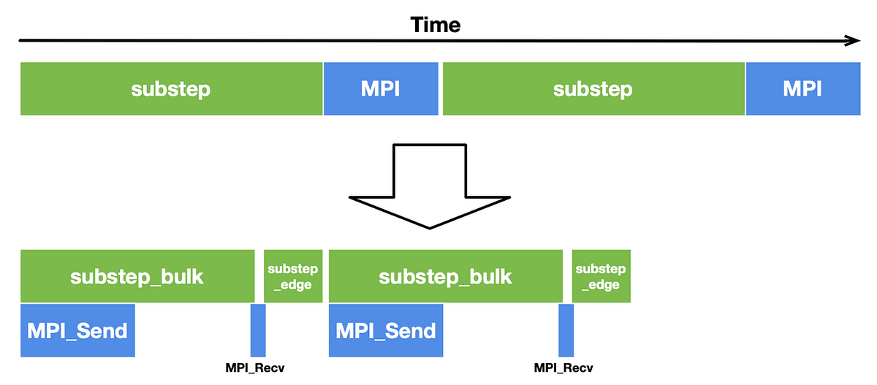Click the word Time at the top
436,24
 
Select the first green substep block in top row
171,88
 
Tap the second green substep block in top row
593,88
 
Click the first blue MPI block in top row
381,88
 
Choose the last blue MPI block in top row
802,88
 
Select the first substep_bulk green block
137,276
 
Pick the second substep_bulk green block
445,276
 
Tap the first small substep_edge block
292,276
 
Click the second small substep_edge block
601,276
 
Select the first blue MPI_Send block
77,330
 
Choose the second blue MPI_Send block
386,330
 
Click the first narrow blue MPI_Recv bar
258,330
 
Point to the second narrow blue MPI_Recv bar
566,330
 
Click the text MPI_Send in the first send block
77,330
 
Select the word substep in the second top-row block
593,89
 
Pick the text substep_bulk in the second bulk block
445,277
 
